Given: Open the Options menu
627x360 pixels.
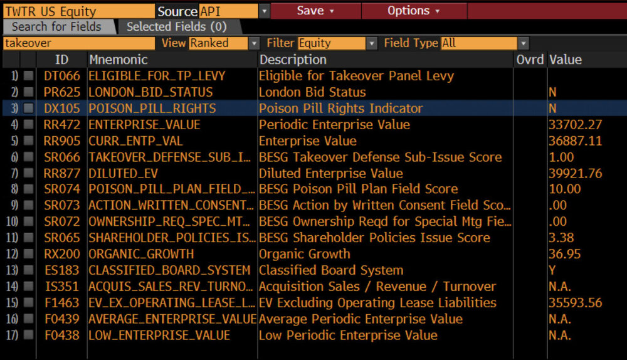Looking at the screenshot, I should (413, 11).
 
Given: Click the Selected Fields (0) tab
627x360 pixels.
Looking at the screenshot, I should (176, 26).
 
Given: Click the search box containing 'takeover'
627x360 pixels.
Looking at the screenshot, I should (79, 43).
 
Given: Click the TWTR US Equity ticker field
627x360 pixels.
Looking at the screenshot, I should (78, 11).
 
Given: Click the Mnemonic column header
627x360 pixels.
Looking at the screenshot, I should (119, 60).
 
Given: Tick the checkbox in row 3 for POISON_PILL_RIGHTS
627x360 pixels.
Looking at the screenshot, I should (29, 109).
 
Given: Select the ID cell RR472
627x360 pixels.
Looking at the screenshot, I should (61, 125).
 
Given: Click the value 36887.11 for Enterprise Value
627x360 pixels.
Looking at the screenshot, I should (575, 141).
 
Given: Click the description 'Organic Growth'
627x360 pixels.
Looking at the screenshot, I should (305, 254).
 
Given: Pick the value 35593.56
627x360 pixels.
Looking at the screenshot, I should (575, 303).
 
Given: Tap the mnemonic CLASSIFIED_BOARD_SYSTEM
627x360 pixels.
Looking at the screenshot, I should (169, 270).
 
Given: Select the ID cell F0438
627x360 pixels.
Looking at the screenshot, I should (61, 336).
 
